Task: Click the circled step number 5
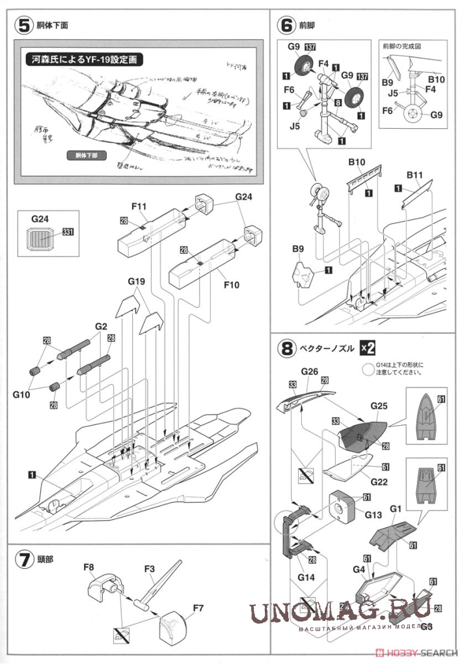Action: (23, 26)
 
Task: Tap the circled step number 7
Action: (23, 559)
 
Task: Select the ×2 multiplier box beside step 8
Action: (368, 348)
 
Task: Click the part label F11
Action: (139, 207)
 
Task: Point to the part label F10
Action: (231, 284)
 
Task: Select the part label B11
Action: (415, 175)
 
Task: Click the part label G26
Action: (309, 372)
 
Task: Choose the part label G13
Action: (374, 514)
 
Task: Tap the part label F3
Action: (150, 567)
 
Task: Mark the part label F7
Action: (199, 610)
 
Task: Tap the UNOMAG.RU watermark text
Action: (338, 612)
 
